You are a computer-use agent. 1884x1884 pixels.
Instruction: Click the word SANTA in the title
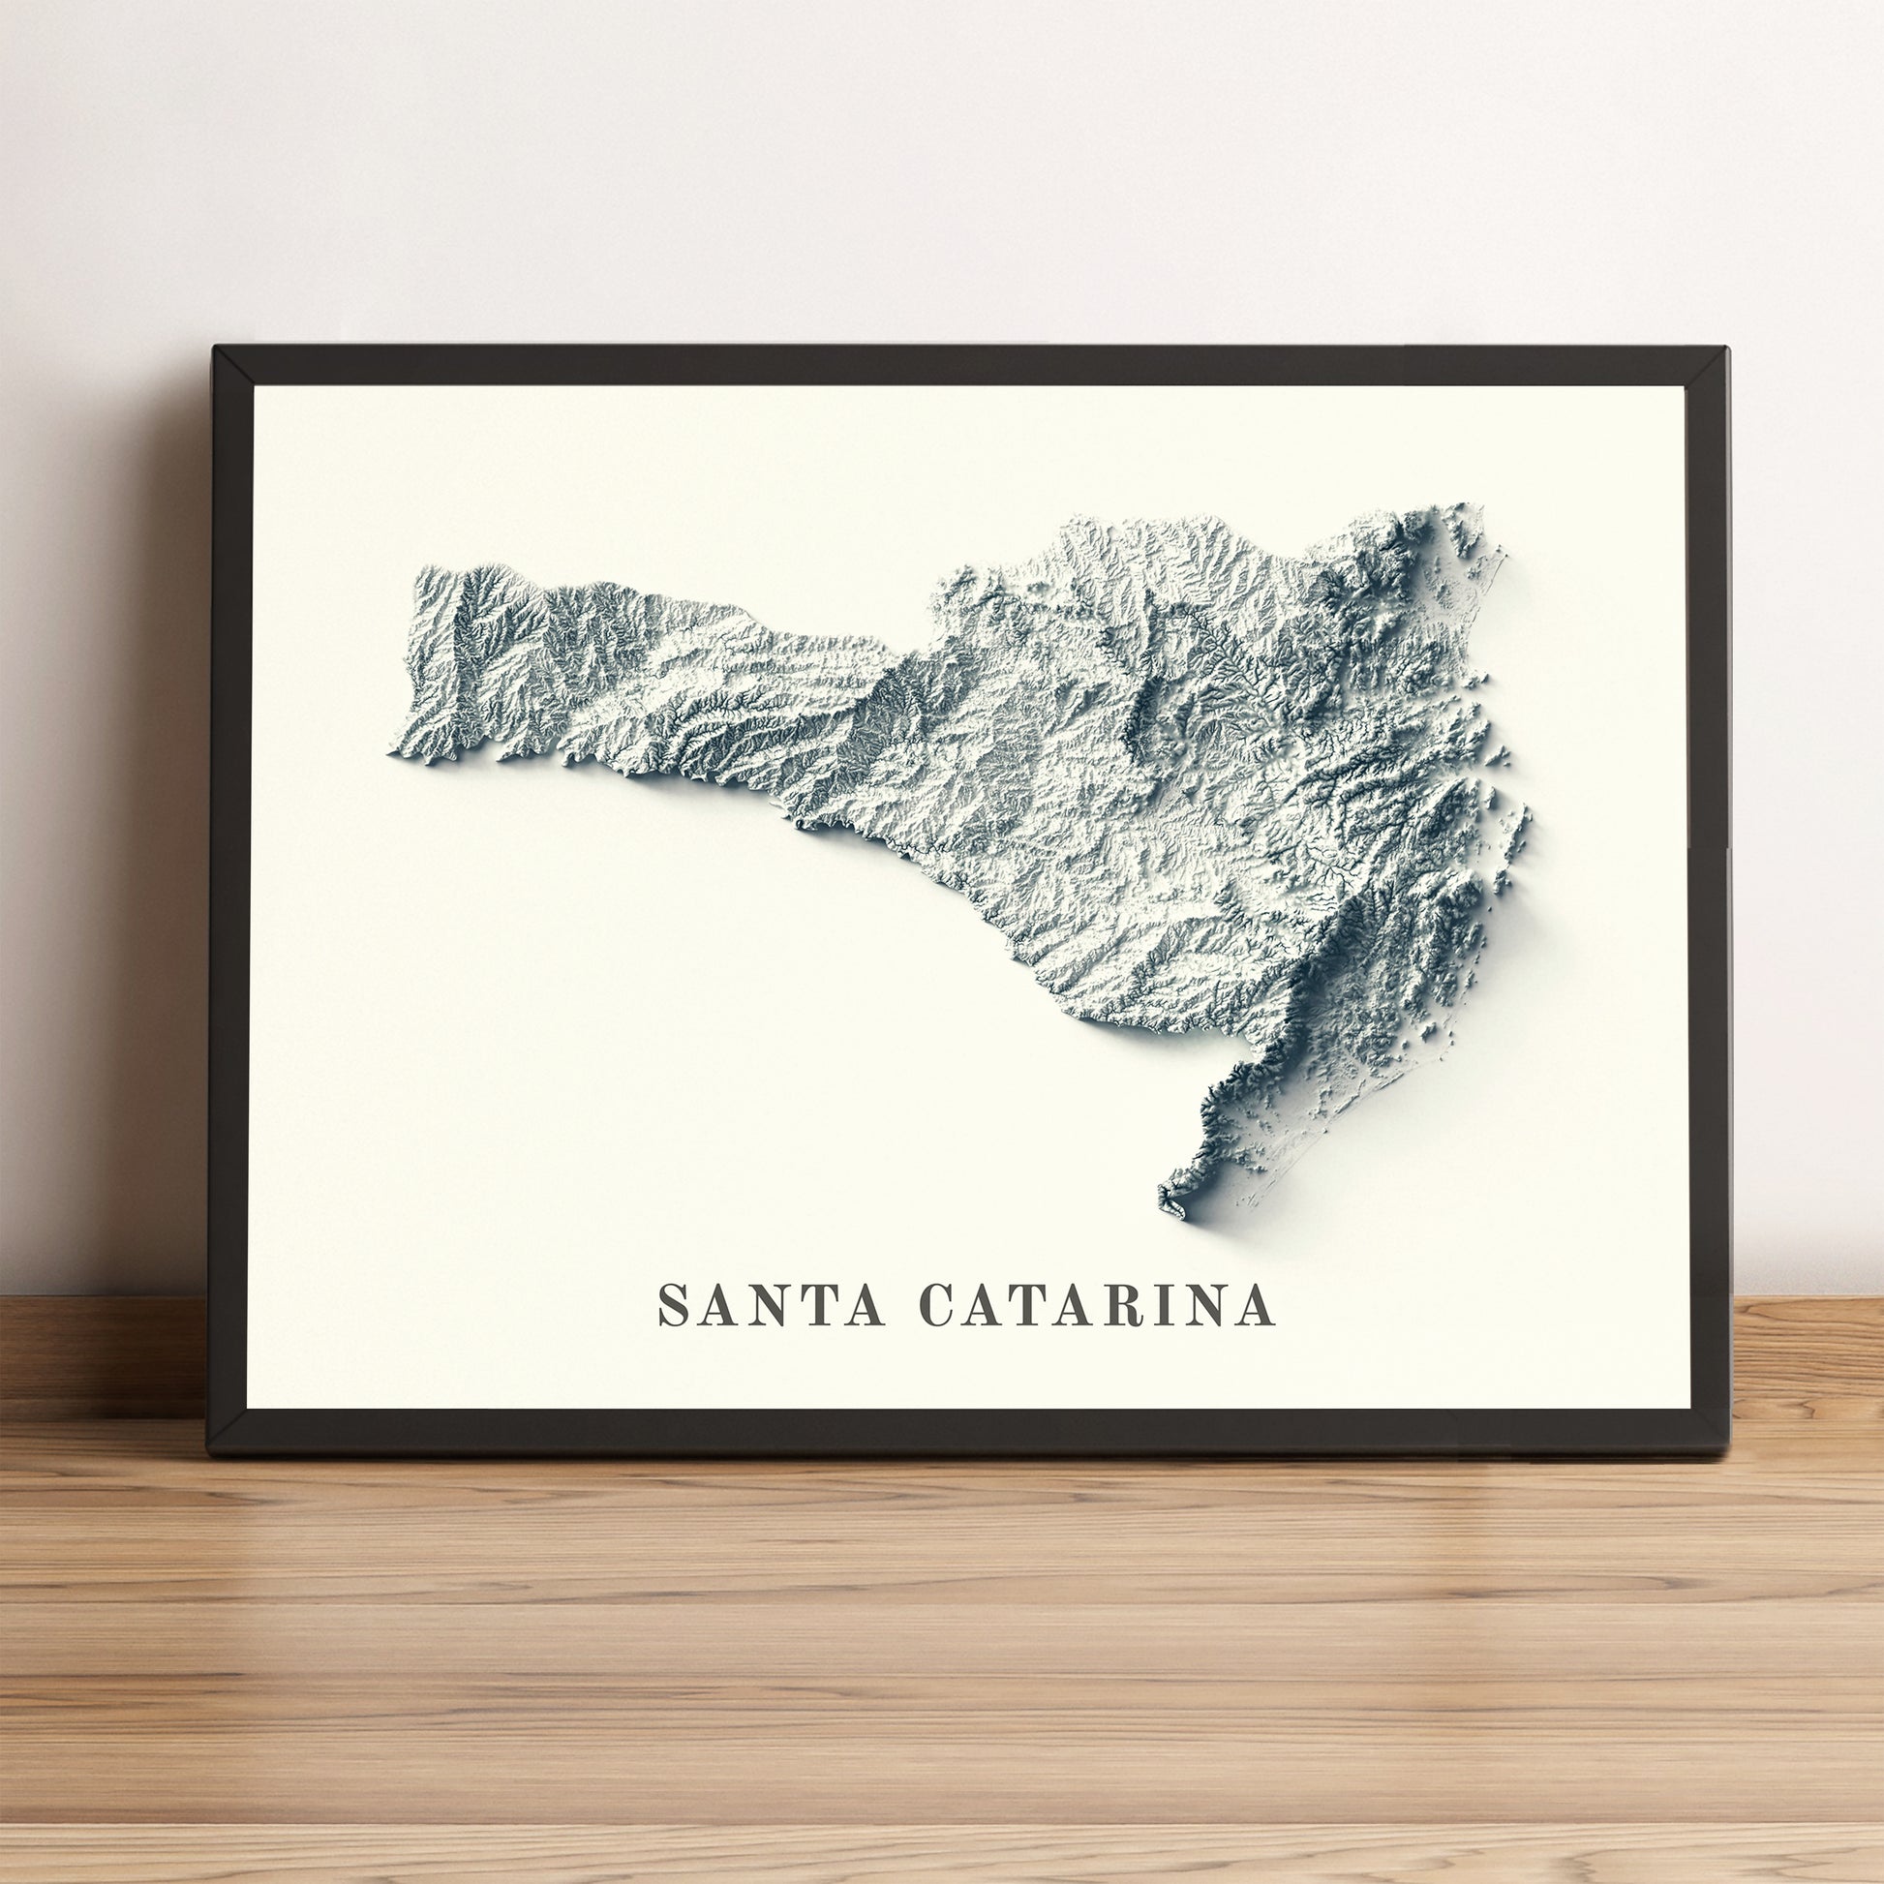click(772, 1305)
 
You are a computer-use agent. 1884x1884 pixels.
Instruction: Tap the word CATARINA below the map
click(1097, 1305)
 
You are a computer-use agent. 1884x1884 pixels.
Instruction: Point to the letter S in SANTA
click(672, 1305)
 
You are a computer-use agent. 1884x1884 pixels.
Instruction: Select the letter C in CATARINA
click(937, 1305)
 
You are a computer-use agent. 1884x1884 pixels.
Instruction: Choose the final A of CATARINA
click(1256, 1305)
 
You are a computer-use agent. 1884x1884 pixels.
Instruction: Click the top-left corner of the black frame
click(216, 349)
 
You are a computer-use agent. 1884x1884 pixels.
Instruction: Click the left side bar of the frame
click(231, 897)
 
